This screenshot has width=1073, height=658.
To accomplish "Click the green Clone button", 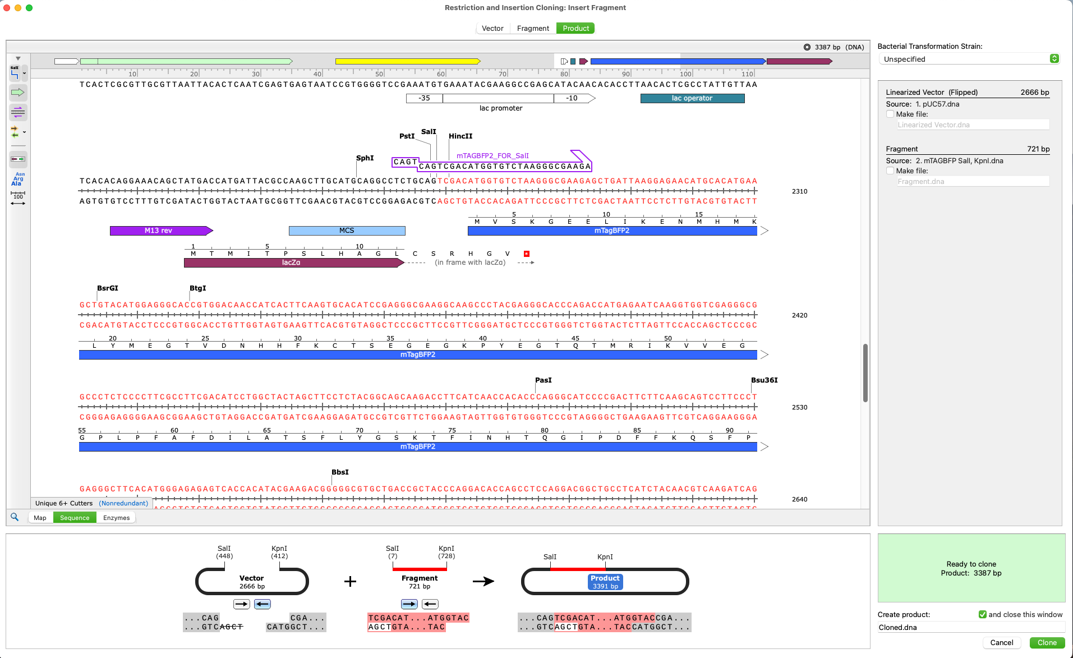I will click(1047, 643).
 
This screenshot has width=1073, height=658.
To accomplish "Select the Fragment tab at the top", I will click(533, 29).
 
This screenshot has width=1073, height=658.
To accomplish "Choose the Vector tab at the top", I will click(492, 29).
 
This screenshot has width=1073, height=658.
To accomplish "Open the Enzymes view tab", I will click(116, 518).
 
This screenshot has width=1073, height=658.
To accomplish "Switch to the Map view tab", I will click(40, 518).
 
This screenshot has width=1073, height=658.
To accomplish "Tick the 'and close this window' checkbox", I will click(983, 614).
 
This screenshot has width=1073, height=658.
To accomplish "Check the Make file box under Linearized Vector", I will click(890, 114).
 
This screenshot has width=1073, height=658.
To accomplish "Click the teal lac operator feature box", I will click(692, 98).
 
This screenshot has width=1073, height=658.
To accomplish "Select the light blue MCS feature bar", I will click(347, 231).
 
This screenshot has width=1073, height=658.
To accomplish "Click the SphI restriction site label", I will click(365, 158).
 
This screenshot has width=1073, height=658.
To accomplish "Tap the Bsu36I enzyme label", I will click(764, 380).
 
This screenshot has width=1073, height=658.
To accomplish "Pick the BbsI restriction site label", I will click(340, 472).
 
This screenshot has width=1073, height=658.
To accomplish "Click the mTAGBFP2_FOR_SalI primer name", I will click(492, 156).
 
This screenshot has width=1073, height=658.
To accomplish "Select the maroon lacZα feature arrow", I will click(292, 263).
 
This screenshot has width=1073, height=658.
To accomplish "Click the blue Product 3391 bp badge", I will click(605, 582).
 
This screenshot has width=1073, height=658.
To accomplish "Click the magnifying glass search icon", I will click(15, 517).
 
